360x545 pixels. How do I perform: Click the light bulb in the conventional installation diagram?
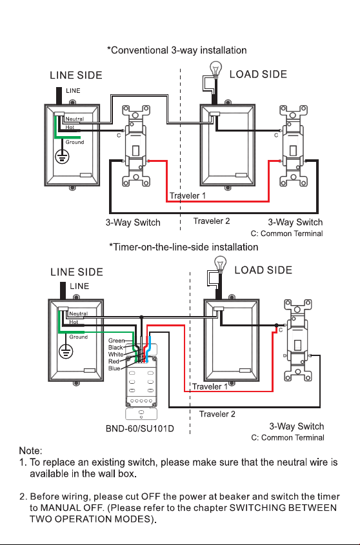tap(216, 70)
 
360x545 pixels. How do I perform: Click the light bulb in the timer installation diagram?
tap(220, 264)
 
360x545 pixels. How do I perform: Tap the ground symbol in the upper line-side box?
tap(63, 157)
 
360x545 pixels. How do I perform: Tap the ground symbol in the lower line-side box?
tap(66, 351)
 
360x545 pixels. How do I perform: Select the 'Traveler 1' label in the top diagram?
tap(188, 195)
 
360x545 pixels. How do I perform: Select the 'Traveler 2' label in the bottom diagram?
tap(217, 414)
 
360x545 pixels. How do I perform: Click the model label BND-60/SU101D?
tap(140, 428)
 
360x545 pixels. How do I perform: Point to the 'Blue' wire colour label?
tap(114, 368)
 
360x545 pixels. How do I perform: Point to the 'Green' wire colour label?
tap(116, 341)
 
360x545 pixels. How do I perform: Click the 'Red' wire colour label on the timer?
tap(114, 361)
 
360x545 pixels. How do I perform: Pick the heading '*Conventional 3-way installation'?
tap(177, 50)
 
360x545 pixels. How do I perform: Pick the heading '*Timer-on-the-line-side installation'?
tap(184, 247)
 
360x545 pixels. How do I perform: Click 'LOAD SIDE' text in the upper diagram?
tap(258, 74)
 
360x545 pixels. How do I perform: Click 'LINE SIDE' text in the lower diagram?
tap(77, 272)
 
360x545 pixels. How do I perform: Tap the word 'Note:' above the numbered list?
tap(30, 451)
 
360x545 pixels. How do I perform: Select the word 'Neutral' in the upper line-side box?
tap(74, 119)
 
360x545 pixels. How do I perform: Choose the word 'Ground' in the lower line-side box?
tap(78, 337)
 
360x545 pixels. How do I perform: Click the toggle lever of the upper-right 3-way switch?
tap(294, 150)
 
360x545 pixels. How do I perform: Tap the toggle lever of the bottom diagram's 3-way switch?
tap(298, 345)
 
